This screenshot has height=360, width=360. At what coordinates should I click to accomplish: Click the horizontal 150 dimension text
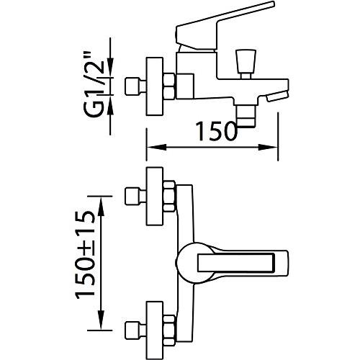(216, 131)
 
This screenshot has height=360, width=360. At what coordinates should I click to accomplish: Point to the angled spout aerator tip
(276, 96)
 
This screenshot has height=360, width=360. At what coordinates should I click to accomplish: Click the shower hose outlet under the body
(246, 116)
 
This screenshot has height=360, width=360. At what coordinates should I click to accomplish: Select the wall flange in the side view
(155, 86)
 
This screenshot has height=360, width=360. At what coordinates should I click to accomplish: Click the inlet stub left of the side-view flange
(135, 86)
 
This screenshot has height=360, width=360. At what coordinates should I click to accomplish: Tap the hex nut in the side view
(169, 86)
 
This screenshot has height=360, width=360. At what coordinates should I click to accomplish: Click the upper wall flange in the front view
(155, 197)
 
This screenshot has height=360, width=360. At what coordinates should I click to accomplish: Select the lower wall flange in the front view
(155, 330)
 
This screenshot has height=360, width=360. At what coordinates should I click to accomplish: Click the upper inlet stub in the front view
(135, 197)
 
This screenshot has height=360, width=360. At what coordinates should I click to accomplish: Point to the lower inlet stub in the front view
(135, 330)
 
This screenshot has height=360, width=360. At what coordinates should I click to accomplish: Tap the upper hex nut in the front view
(169, 197)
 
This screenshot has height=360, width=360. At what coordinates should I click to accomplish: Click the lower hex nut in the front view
(169, 330)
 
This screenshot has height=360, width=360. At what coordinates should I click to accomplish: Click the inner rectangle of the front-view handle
(236, 263)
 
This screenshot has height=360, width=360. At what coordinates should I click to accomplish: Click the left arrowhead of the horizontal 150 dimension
(156, 147)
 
